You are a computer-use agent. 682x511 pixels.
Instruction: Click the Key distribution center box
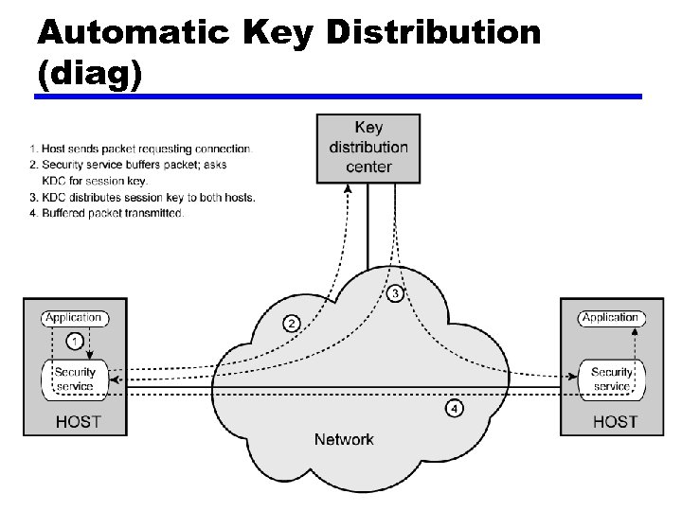(368, 147)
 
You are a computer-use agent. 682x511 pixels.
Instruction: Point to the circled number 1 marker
(75, 340)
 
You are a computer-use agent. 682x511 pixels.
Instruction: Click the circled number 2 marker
(292, 323)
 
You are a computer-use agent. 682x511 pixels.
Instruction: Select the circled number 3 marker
(396, 293)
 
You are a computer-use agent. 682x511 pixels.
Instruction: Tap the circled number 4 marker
(455, 409)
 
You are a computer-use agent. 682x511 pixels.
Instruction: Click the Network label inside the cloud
(344, 439)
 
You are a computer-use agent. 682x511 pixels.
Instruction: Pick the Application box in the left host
(74, 318)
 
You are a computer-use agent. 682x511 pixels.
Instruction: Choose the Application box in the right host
(611, 318)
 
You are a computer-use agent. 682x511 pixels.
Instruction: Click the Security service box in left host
(74, 379)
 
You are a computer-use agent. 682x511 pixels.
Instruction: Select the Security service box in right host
(611, 379)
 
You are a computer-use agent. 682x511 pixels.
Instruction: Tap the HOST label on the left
(78, 421)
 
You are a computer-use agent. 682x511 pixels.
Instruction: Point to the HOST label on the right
(615, 421)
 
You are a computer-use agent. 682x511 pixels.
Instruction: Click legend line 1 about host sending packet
(141, 149)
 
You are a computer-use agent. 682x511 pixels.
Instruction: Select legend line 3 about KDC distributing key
(142, 197)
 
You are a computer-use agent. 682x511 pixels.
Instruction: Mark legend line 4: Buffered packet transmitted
(107, 213)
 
